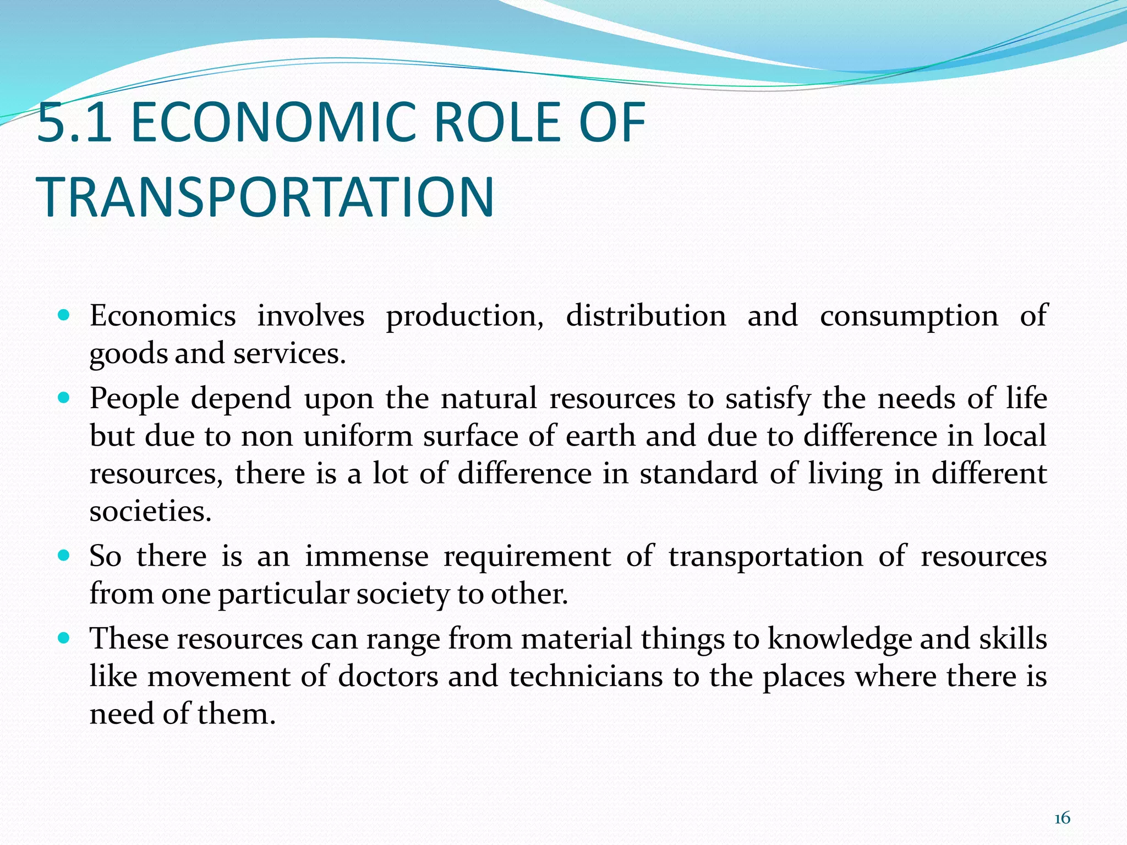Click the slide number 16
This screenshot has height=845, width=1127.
click(x=1062, y=819)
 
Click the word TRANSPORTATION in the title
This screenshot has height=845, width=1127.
click(x=266, y=197)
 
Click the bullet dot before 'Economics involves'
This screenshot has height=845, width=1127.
click(x=64, y=316)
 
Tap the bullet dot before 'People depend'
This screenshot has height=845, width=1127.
click(x=64, y=398)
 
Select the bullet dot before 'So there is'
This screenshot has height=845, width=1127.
click(x=64, y=556)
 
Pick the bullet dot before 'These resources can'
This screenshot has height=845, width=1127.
click(x=64, y=638)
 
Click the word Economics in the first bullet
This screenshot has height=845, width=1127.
click(x=163, y=316)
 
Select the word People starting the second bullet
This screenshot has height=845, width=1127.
click(x=135, y=399)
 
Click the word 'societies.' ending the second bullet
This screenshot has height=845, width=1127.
click(x=150, y=512)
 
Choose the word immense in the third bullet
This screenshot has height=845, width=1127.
click(x=366, y=556)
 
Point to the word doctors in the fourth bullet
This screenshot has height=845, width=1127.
click(x=388, y=676)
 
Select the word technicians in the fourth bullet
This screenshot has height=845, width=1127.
click(x=586, y=676)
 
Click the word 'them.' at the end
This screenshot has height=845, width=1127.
click(x=236, y=714)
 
